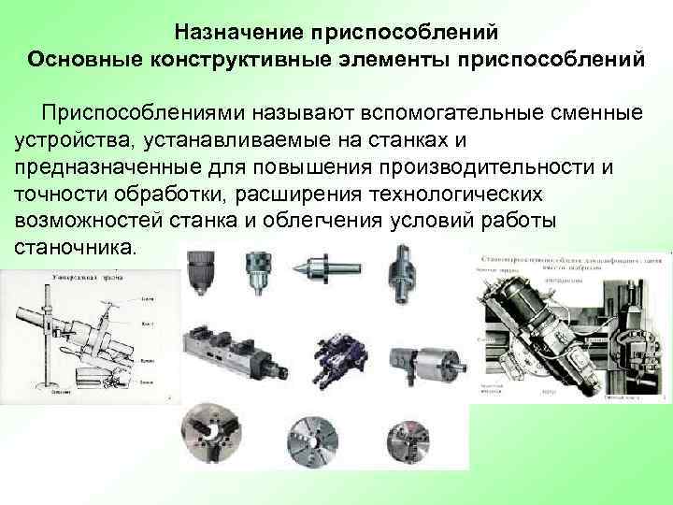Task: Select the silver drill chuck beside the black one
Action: [255, 276]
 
